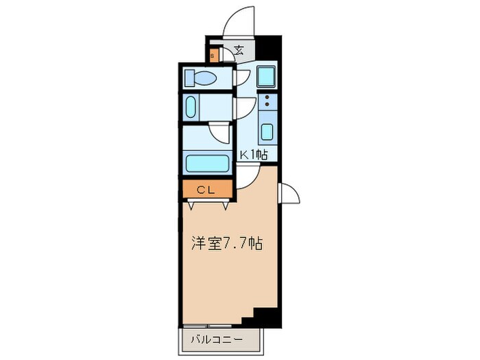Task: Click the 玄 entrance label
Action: pyautogui.click(x=239, y=49)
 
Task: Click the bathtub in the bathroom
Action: pyautogui.click(x=207, y=165)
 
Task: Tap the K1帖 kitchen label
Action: pyautogui.click(x=252, y=155)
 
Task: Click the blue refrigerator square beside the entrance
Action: pyautogui.click(x=266, y=76)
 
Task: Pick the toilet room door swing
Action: pyautogui.click(x=241, y=77)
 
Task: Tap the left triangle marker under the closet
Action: pyautogui.click(x=190, y=205)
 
